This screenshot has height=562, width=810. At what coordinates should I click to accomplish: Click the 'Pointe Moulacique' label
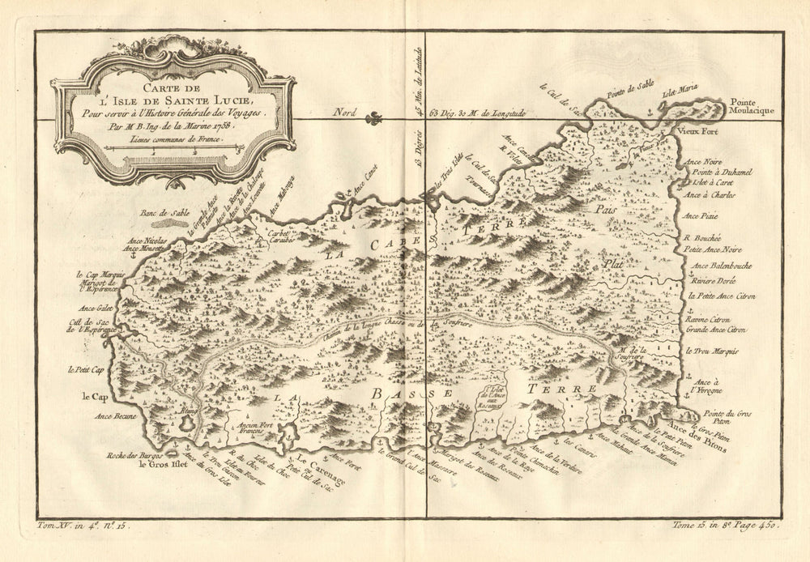click(752, 106)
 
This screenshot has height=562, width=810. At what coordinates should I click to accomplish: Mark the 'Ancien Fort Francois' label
click(253, 425)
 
